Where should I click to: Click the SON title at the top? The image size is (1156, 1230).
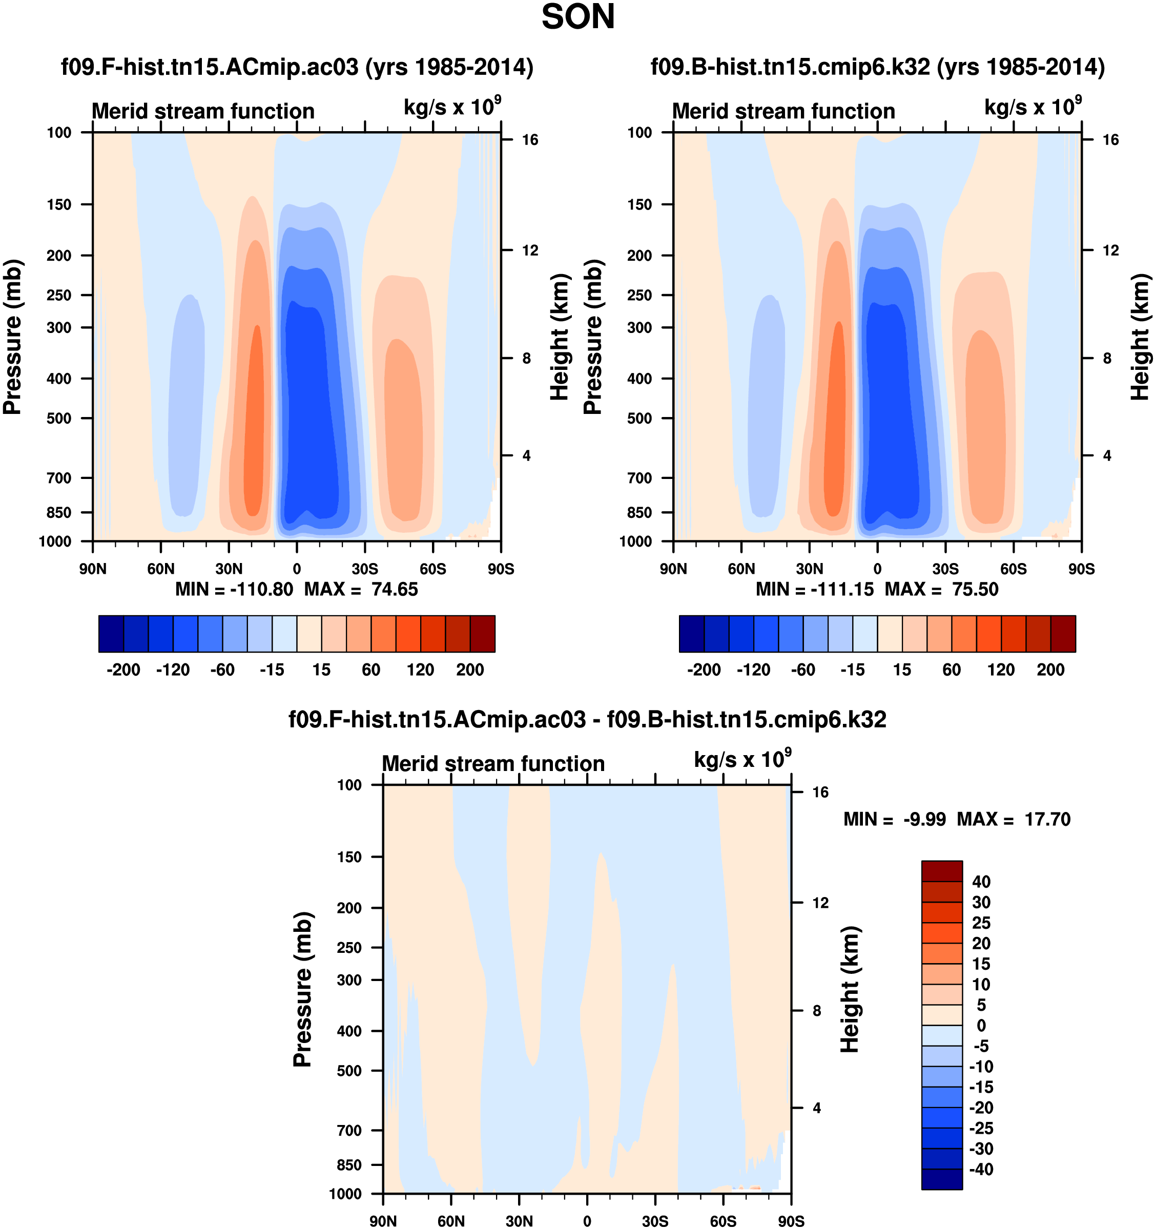(x=578, y=17)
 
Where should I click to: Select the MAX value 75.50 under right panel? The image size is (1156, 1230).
(x=975, y=589)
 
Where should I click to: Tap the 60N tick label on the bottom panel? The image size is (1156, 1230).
(x=450, y=1221)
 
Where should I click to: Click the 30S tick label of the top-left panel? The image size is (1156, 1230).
(x=364, y=569)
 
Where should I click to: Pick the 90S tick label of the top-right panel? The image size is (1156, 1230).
(x=1081, y=569)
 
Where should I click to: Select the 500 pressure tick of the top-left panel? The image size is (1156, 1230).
(x=59, y=418)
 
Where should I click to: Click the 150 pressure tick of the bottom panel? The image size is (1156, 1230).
(x=349, y=857)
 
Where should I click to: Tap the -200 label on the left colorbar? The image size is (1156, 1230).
(x=123, y=670)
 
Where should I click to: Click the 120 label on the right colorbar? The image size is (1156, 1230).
(x=1001, y=670)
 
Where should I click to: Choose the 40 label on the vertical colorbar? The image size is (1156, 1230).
(x=981, y=882)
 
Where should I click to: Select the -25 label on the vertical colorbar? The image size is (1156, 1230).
(x=981, y=1128)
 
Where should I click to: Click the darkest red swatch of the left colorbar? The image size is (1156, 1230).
(x=482, y=634)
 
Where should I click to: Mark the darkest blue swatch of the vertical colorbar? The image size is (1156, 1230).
(x=941, y=1179)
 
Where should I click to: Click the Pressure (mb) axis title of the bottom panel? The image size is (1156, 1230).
(x=303, y=989)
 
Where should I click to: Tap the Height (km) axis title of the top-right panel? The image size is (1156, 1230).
(x=1139, y=337)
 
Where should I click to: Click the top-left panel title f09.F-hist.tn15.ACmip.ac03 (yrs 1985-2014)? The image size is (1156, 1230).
(x=297, y=67)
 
